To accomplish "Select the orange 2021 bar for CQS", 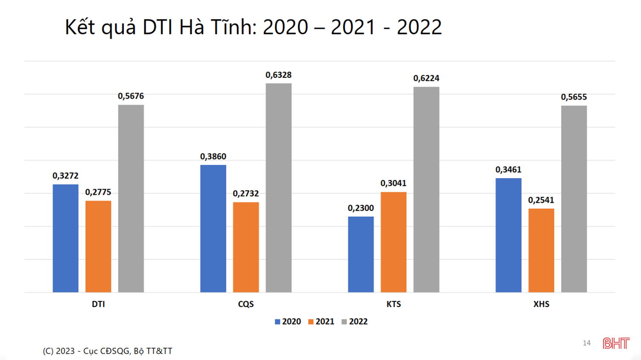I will (246, 247).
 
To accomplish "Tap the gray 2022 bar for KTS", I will (426, 190).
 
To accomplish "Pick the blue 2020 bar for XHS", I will (509, 235).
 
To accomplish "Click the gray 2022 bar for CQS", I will (279, 188).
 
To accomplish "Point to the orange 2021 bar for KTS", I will (394, 242).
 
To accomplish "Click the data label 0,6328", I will (279, 75).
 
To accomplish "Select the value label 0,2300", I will (361, 208).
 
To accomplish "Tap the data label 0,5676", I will (131, 97).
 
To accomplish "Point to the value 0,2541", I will (541, 200).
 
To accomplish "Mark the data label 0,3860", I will (213, 157).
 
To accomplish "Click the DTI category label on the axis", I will (98, 304).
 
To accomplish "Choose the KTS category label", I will (394, 304).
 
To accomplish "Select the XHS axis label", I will (541, 304).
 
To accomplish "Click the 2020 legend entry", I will (288, 322).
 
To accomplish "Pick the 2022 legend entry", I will (355, 322).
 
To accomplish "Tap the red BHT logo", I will (616, 343).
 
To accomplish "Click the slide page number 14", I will (587, 343).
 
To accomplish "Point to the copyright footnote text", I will (107, 351).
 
